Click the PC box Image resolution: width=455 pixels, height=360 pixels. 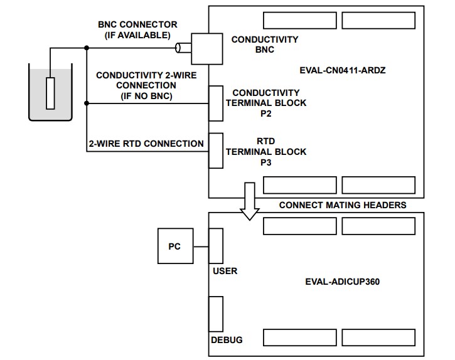click(174, 246)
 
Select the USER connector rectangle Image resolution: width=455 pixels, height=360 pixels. click(215, 246)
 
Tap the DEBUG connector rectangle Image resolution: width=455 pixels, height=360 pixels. click(215, 314)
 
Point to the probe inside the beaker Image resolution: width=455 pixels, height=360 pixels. click(51, 92)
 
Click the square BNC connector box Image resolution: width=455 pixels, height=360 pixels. click(206, 48)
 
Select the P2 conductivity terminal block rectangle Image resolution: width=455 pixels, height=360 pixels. click(216, 103)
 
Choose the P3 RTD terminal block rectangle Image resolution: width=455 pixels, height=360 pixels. click(216, 151)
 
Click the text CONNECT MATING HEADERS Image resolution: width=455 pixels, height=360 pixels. click(343, 205)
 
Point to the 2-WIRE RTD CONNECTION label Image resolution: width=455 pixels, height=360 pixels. click(146, 144)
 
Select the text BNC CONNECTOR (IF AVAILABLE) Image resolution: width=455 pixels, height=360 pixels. click(137, 29)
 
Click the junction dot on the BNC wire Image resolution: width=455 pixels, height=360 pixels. click(86, 48)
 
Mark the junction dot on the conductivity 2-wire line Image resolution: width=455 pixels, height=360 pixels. click(86, 103)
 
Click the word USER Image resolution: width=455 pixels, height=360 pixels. click(225, 272)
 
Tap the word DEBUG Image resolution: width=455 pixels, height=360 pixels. click(227, 340)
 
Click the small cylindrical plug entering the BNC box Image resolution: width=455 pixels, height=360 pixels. click(183, 48)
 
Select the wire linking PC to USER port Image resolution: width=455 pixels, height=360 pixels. click(200, 246)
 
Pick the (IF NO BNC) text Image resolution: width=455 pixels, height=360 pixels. click(146, 96)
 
